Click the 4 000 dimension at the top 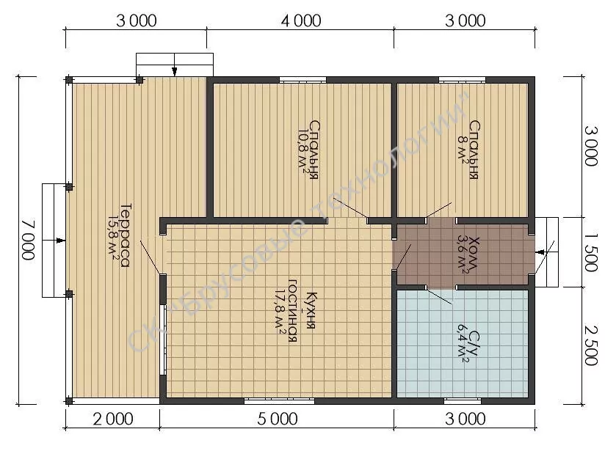point(301,21)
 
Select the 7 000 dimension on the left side point(28,240)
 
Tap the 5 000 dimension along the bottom point(278,419)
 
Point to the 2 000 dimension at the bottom point(113,419)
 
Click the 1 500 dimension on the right point(591,252)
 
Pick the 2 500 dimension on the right point(591,345)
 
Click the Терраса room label point(125,235)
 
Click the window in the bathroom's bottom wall point(463,401)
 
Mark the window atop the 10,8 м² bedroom point(302,80)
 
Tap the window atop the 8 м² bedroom point(462,80)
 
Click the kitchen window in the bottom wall point(279,401)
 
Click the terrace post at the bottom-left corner point(69,400)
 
